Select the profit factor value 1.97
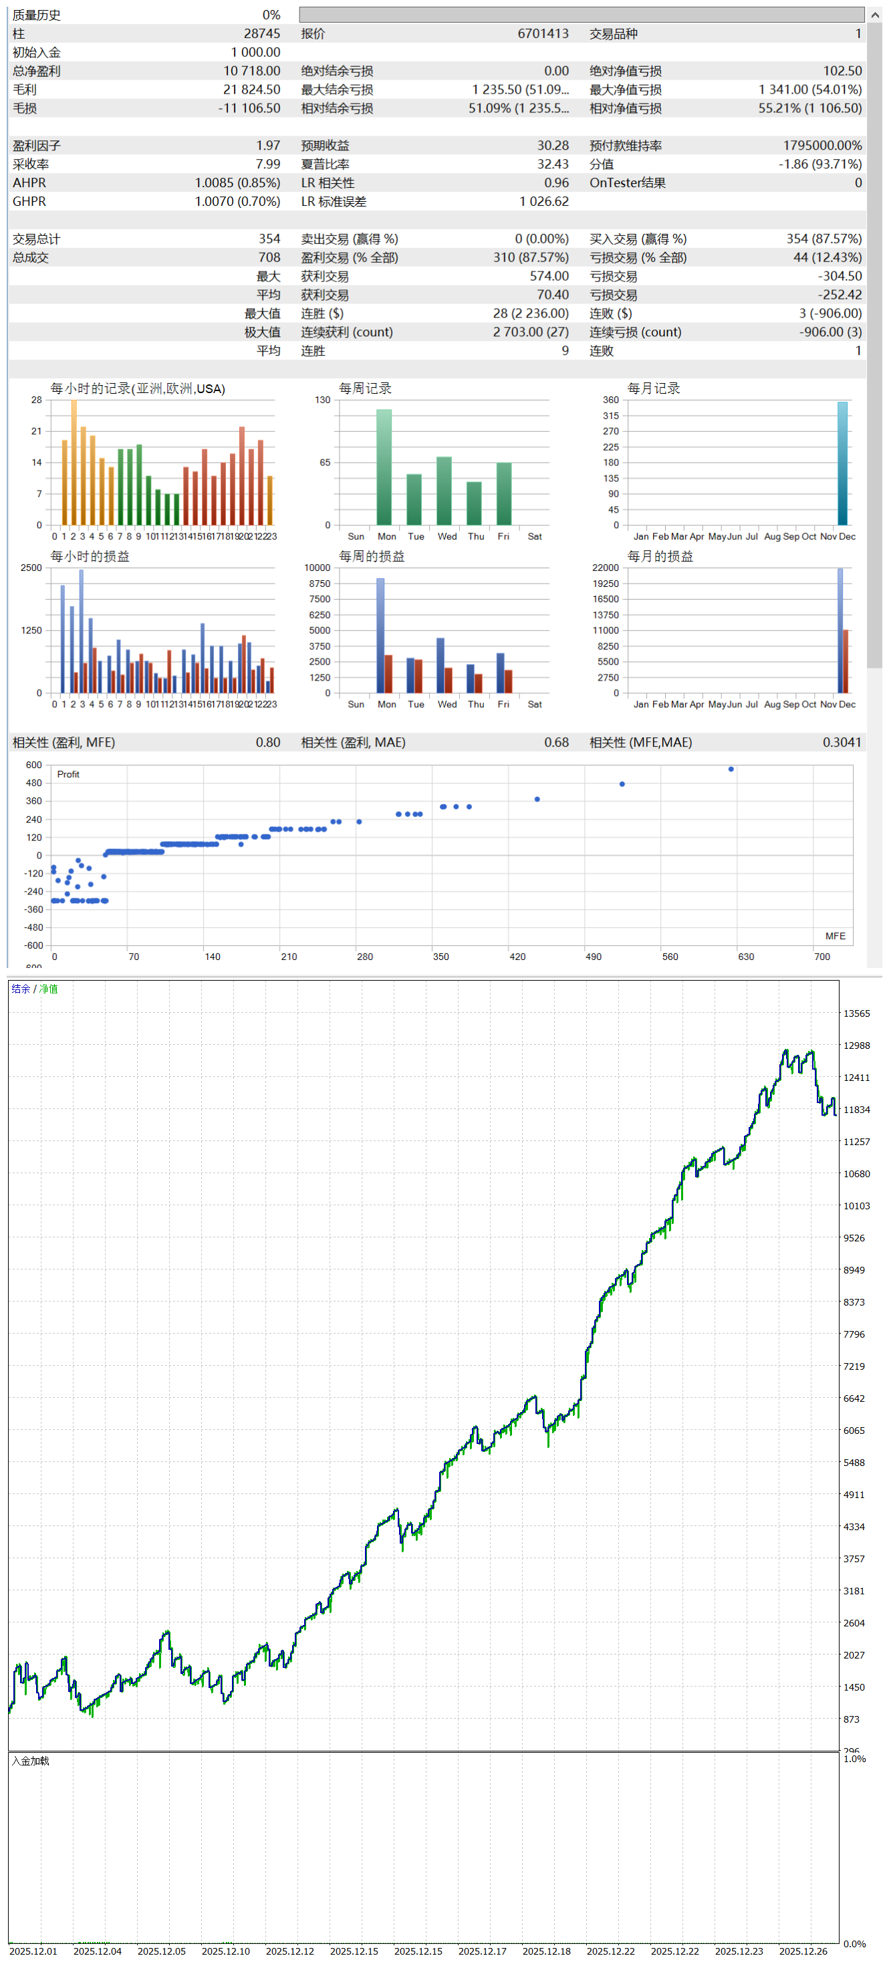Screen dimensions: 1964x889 [x=267, y=146]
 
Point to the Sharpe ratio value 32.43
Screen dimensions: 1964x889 [x=552, y=164]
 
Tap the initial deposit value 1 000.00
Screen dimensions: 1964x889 [x=255, y=53]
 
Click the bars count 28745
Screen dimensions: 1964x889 [x=261, y=33]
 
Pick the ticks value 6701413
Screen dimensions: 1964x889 [x=542, y=33]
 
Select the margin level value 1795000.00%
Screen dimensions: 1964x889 [x=822, y=146]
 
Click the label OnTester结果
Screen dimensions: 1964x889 [x=627, y=183]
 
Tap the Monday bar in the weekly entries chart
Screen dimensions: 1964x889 [x=384, y=467]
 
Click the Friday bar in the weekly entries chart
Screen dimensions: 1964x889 [x=504, y=493]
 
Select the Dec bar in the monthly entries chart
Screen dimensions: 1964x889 [x=842, y=463]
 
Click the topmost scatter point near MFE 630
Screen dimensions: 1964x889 [x=731, y=769]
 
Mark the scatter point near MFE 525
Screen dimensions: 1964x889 [x=622, y=783]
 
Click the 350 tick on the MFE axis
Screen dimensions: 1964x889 [x=440, y=957]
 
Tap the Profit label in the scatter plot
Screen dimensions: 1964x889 [x=68, y=775]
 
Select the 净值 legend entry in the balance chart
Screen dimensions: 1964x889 [x=49, y=989]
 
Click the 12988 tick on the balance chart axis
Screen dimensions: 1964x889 [x=856, y=1046]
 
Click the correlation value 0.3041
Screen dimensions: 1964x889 [x=842, y=743]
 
